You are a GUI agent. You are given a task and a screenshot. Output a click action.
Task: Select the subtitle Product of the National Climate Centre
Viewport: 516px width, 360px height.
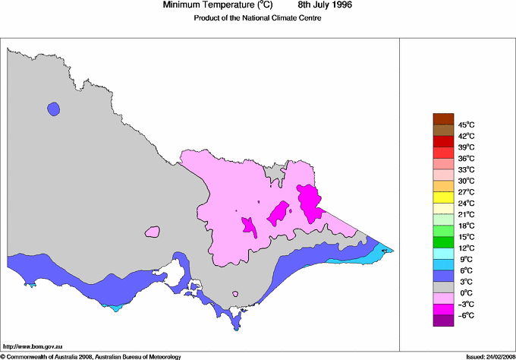click(x=258, y=18)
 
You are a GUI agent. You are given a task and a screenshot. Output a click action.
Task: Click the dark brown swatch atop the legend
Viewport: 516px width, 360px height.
click(x=442, y=118)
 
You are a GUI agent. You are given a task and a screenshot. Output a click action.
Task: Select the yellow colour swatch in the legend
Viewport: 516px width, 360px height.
click(x=442, y=197)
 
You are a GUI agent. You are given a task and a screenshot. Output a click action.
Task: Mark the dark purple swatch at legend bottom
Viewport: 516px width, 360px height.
click(x=442, y=321)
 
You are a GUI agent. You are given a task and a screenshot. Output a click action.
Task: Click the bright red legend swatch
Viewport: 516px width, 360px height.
click(x=442, y=141)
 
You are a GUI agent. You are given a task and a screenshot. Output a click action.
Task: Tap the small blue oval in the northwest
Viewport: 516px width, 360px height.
click(x=52, y=109)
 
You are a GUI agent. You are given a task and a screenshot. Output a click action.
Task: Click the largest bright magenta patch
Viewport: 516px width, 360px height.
click(x=309, y=202)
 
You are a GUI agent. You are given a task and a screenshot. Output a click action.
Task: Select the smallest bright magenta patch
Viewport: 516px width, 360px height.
click(x=248, y=225)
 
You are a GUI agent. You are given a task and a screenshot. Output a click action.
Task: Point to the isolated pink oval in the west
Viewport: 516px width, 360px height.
click(x=153, y=232)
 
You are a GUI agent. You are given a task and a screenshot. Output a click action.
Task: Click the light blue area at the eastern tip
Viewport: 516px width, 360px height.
click(x=373, y=254)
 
